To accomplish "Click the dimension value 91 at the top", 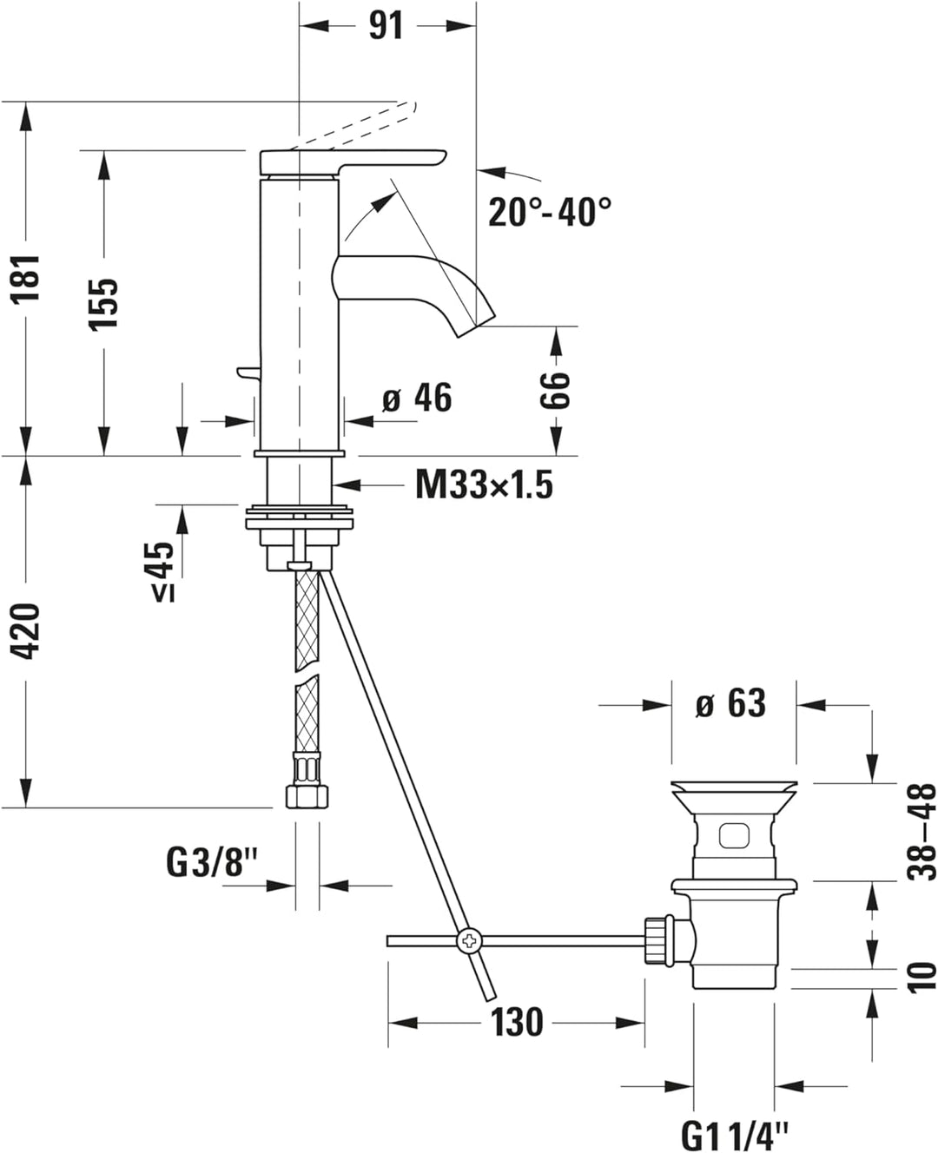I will point(386,26).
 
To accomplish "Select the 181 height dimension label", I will point(27,278).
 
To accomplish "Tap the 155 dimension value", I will point(104,303).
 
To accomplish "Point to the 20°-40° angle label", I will point(549,212).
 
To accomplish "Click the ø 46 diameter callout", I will point(418,398).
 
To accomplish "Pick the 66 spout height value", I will point(555,390).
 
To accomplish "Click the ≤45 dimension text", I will point(162,570).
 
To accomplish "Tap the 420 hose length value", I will point(27,631).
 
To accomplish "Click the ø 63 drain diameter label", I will point(730,704).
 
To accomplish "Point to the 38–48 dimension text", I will point(921,831).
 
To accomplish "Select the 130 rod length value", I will point(517,1022).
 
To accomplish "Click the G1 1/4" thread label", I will point(735,1134).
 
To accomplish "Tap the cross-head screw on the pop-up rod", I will point(469,939).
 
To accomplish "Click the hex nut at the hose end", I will point(304,795).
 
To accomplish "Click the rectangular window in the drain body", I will point(733,836).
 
